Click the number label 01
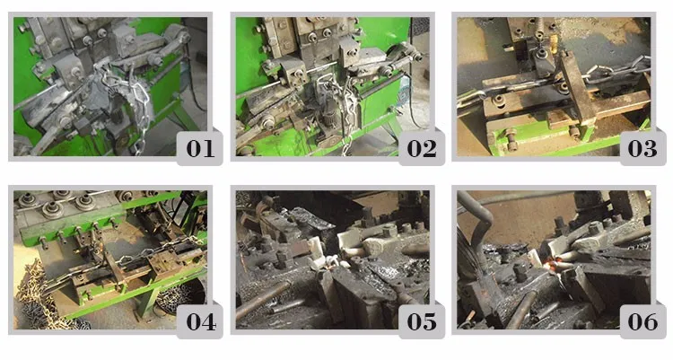click(199, 148)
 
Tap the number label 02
click(422, 148)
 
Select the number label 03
click(642, 148)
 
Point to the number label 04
click(200, 321)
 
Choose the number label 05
click(422, 321)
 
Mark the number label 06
click(642, 321)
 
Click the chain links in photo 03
click(614, 71)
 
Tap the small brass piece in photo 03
click(553, 43)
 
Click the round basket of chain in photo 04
click(179, 296)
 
